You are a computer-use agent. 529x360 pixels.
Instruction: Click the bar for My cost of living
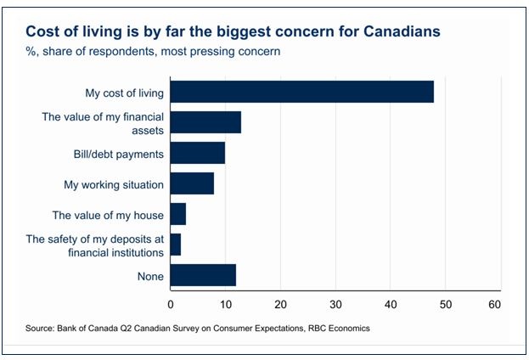[301, 92]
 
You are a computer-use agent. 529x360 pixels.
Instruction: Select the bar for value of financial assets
[205, 122]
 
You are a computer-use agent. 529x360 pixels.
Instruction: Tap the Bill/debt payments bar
[198, 153]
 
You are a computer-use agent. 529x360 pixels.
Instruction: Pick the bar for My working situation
[192, 183]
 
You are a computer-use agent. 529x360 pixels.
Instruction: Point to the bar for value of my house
[178, 214]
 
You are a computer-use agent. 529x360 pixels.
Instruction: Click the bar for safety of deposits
[176, 245]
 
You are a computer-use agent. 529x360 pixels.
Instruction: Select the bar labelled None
[203, 276]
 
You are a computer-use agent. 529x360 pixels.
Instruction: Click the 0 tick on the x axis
[171, 303]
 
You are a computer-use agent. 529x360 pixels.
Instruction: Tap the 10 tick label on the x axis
[225, 303]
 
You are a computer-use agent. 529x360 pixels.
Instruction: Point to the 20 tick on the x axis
[280, 303]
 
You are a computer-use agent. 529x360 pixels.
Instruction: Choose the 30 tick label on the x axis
[335, 303]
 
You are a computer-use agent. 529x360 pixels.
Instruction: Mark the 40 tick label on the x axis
[391, 303]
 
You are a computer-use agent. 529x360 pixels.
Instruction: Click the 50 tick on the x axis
[445, 303]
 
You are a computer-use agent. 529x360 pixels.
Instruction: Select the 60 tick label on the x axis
[495, 303]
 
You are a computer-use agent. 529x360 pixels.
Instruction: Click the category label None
[149, 276]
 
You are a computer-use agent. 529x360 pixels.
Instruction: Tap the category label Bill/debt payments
[118, 154]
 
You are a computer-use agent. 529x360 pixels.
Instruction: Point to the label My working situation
[114, 184]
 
